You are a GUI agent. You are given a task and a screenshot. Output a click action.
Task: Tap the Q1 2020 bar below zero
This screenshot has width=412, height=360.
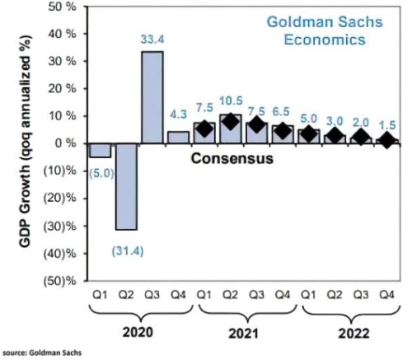tap(100, 150)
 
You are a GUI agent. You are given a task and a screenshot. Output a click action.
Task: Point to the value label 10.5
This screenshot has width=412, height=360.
tap(230, 100)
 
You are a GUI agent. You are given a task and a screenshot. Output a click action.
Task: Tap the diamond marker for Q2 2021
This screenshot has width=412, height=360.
tap(230, 122)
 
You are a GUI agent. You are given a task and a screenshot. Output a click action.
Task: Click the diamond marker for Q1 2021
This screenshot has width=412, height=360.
tap(204, 129)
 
